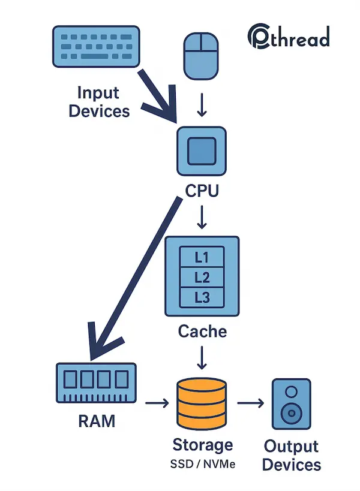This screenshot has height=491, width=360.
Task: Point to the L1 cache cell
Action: (x=202, y=257)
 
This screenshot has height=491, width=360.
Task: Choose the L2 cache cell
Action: (x=202, y=277)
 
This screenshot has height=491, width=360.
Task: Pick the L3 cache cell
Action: (x=202, y=296)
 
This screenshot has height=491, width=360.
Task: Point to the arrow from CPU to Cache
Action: (x=202, y=217)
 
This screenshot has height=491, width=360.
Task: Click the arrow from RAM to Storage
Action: (x=154, y=403)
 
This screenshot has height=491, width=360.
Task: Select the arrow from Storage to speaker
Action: (x=251, y=403)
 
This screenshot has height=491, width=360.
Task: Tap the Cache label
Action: (x=202, y=330)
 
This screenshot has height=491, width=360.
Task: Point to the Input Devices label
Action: (x=99, y=102)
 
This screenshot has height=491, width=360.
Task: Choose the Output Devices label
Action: (x=291, y=456)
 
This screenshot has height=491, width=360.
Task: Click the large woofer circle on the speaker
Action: (x=292, y=413)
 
